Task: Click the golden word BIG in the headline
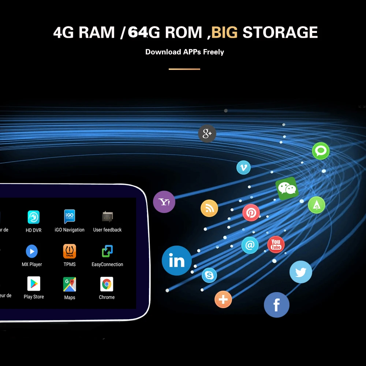click(x=224, y=33)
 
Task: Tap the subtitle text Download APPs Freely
click(x=184, y=52)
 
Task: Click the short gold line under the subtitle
click(x=184, y=69)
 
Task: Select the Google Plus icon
click(x=207, y=134)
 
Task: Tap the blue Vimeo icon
click(x=243, y=168)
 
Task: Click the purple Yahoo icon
click(x=164, y=202)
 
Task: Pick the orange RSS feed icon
click(x=209, y=209)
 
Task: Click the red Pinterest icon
click(x=251, y=213)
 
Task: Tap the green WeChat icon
click(x=287, y=188)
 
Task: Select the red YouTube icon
click(x=276, y=244)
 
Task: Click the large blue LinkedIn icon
click(x=177, y=261)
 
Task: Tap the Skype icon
click(x=209, y=275)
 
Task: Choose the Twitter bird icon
click(x=301, y=272)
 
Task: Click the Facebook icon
click(x=277, y=305)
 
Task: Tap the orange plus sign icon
click(x=223, y=300)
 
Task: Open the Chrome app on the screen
click(x=107, y=284)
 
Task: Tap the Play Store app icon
click(x=34, y=284)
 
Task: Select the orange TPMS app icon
click(x=70, y=251)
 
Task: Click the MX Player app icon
click(x=32, y=251)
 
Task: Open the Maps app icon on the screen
click(x=70, y=284)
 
